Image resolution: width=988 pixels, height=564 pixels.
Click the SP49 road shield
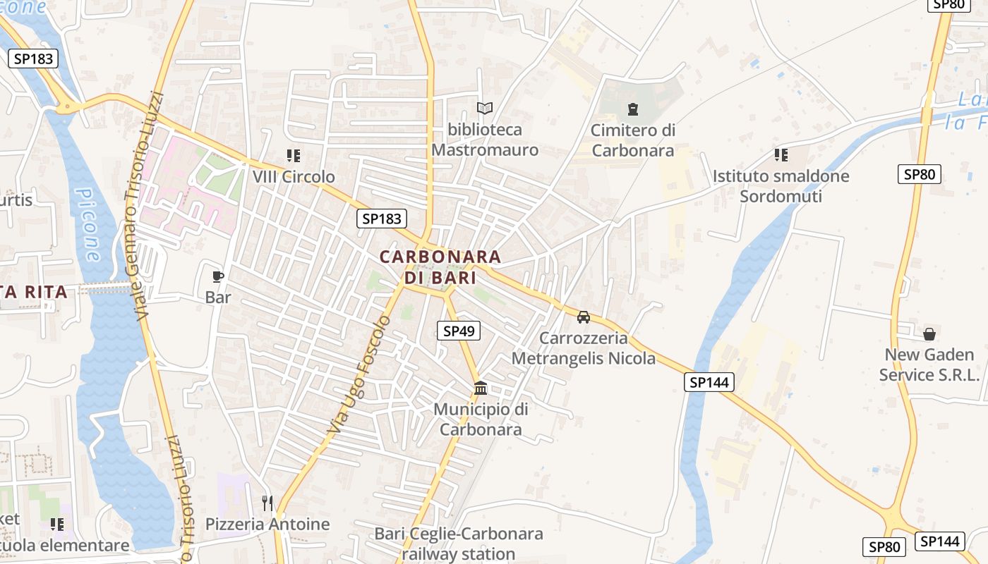pos(459,331)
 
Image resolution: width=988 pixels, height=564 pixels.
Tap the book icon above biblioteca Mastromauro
pos(484,108)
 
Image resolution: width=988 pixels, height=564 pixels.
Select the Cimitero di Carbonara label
pos(633,140)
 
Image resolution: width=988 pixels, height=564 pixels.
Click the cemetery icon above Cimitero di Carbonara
pos(632,109)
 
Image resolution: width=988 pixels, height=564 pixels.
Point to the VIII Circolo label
pos(294,176)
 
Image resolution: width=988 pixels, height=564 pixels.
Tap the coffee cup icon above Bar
pos(218,276)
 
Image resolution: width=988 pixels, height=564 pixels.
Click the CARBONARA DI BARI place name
pos(440,266)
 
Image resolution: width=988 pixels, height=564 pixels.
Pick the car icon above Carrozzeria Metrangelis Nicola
pos(584,317)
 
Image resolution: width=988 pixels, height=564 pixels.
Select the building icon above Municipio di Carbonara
pos(481,388)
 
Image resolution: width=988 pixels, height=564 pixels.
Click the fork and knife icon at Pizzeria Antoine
pos(267,503)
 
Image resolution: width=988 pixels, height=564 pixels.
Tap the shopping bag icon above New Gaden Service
pos(929,333)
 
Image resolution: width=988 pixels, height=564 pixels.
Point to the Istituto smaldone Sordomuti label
pos(781,186)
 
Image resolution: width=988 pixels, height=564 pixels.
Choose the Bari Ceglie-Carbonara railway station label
pos(459,544)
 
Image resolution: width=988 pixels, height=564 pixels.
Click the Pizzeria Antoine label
pos(267,524)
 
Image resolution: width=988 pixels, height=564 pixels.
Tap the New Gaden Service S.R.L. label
pos(929,364)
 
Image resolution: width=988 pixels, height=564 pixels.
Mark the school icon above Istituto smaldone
pos(781,154)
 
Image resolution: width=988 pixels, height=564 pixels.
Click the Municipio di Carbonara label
pos(481,419)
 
